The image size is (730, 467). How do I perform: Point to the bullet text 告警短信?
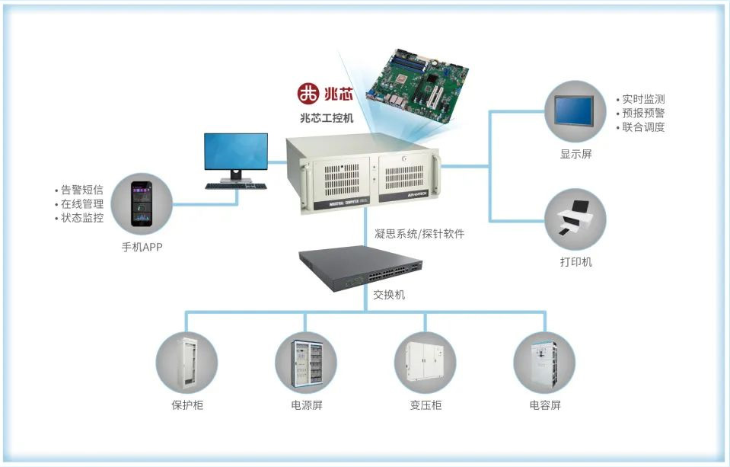coord(82,190)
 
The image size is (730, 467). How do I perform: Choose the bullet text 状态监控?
coord(82,219)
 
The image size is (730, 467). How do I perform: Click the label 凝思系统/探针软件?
coord(419,234)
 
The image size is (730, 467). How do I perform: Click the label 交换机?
coord(388,294)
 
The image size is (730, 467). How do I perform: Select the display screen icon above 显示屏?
coord(575,112)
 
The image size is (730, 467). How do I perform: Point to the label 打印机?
coord(575,262)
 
